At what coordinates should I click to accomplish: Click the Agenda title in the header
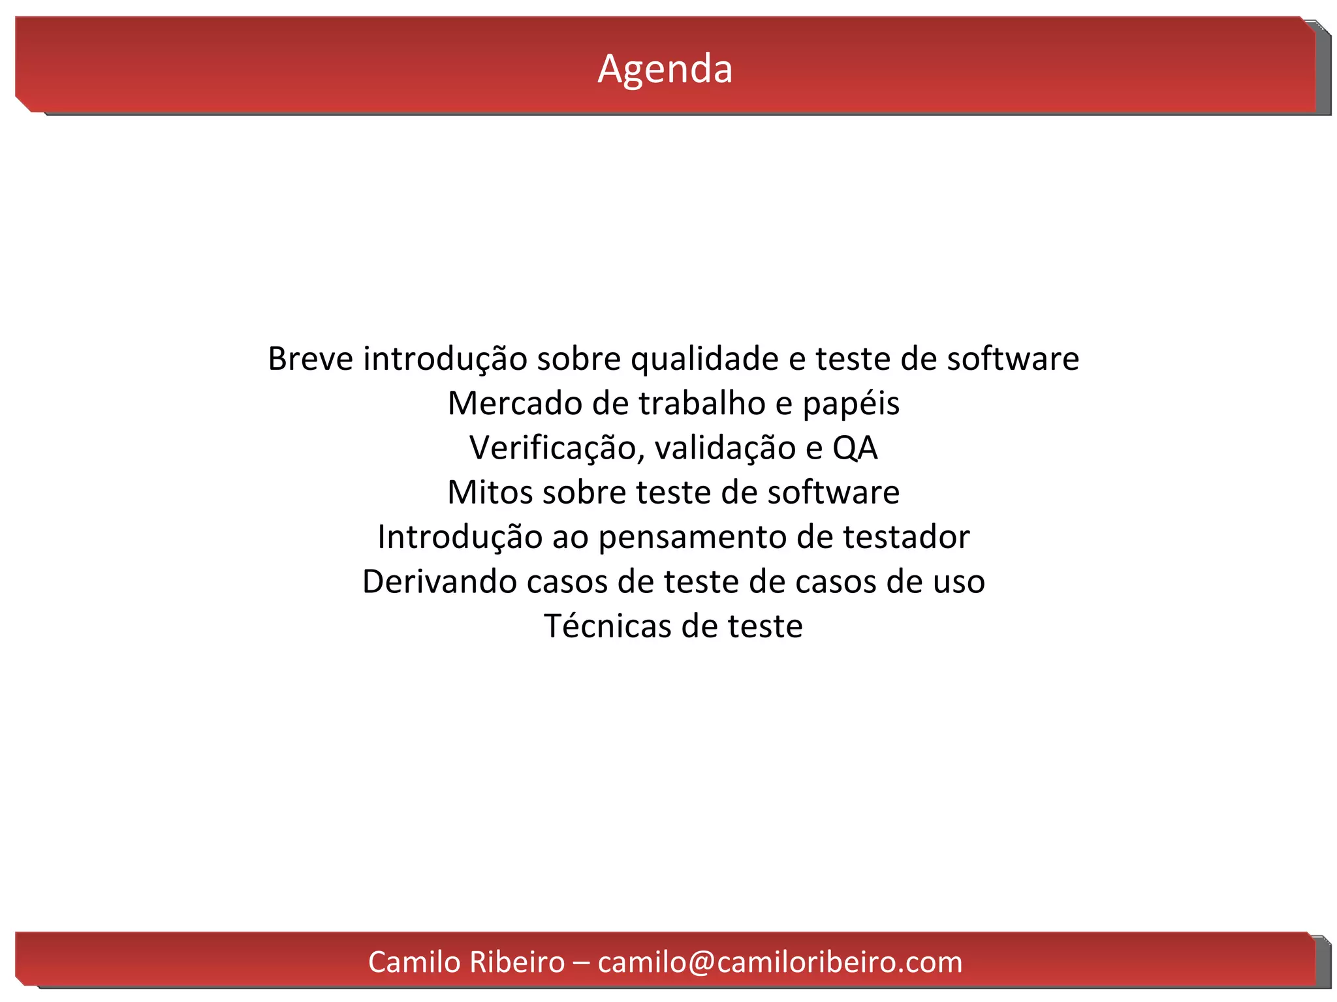665,68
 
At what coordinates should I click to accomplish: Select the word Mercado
515,403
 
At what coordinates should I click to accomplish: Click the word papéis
851,404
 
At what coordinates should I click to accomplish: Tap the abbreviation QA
855,448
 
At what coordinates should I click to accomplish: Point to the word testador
905,537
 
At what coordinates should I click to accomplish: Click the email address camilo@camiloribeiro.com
779,962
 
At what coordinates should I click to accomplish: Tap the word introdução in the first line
445,359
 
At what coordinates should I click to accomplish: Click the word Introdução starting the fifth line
460,538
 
